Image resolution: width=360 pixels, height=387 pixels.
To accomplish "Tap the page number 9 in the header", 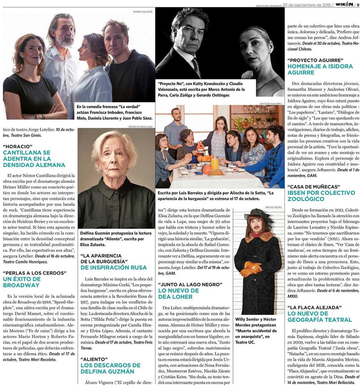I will point(358,5).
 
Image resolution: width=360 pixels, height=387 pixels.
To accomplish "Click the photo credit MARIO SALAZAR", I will point(143,12).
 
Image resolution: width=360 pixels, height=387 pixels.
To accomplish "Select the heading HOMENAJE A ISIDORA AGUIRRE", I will point(320,69).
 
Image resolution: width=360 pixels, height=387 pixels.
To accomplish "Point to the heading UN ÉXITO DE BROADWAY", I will point(22,282).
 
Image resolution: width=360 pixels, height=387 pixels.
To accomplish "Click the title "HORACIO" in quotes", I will point(18,146).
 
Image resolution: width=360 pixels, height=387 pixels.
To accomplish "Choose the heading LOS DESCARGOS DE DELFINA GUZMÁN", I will point(110,368).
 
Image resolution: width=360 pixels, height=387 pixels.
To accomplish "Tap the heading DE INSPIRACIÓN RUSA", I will point(113,267).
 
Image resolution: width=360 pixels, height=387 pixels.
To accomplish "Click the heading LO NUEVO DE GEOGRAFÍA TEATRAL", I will point(319,317).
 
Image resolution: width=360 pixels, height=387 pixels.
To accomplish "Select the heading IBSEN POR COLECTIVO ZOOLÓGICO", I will point(321,196).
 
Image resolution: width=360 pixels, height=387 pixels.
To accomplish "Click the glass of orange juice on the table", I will point(215,163).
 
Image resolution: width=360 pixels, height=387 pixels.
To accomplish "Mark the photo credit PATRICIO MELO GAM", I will point(141,127).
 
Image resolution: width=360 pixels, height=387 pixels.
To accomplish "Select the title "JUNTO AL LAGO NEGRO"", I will point(190,284).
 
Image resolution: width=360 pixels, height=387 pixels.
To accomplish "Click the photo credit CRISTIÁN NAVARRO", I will point(270,103).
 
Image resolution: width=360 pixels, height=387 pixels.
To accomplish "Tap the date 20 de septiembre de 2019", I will point(307,5).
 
